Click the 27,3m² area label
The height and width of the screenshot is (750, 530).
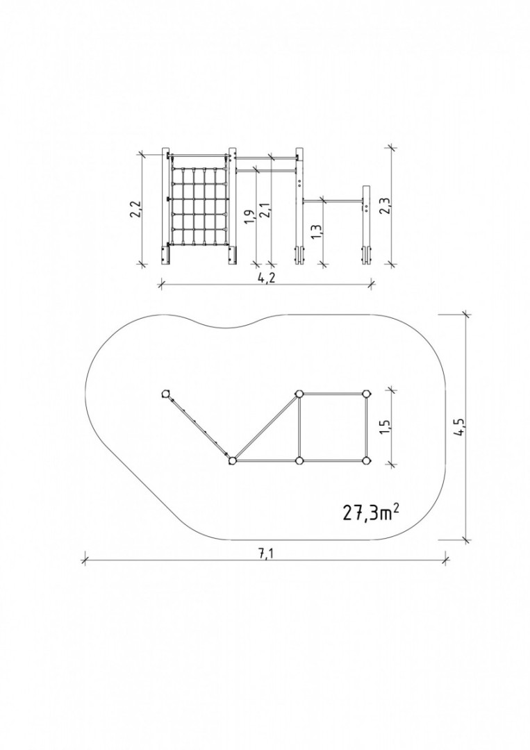coord(371,512)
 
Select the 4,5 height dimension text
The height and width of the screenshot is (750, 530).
coord(460,426)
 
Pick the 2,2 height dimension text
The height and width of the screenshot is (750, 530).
coord(135,209)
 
